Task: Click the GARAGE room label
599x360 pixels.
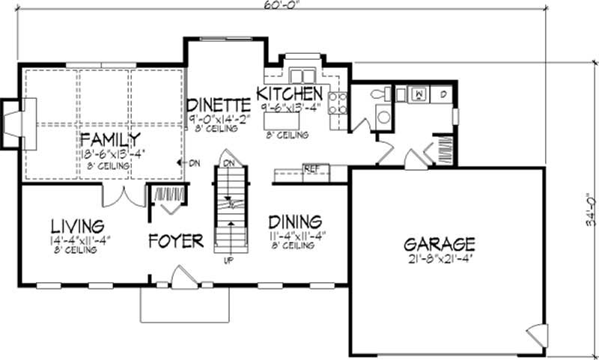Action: click(440, 243)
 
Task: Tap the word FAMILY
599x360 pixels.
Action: click(111, 139)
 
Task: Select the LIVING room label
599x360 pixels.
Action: click(77, 225)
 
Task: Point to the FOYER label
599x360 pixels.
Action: click(176, 241)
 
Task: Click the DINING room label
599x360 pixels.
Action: click(295, 222)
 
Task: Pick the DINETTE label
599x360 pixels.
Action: click(218, 104)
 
